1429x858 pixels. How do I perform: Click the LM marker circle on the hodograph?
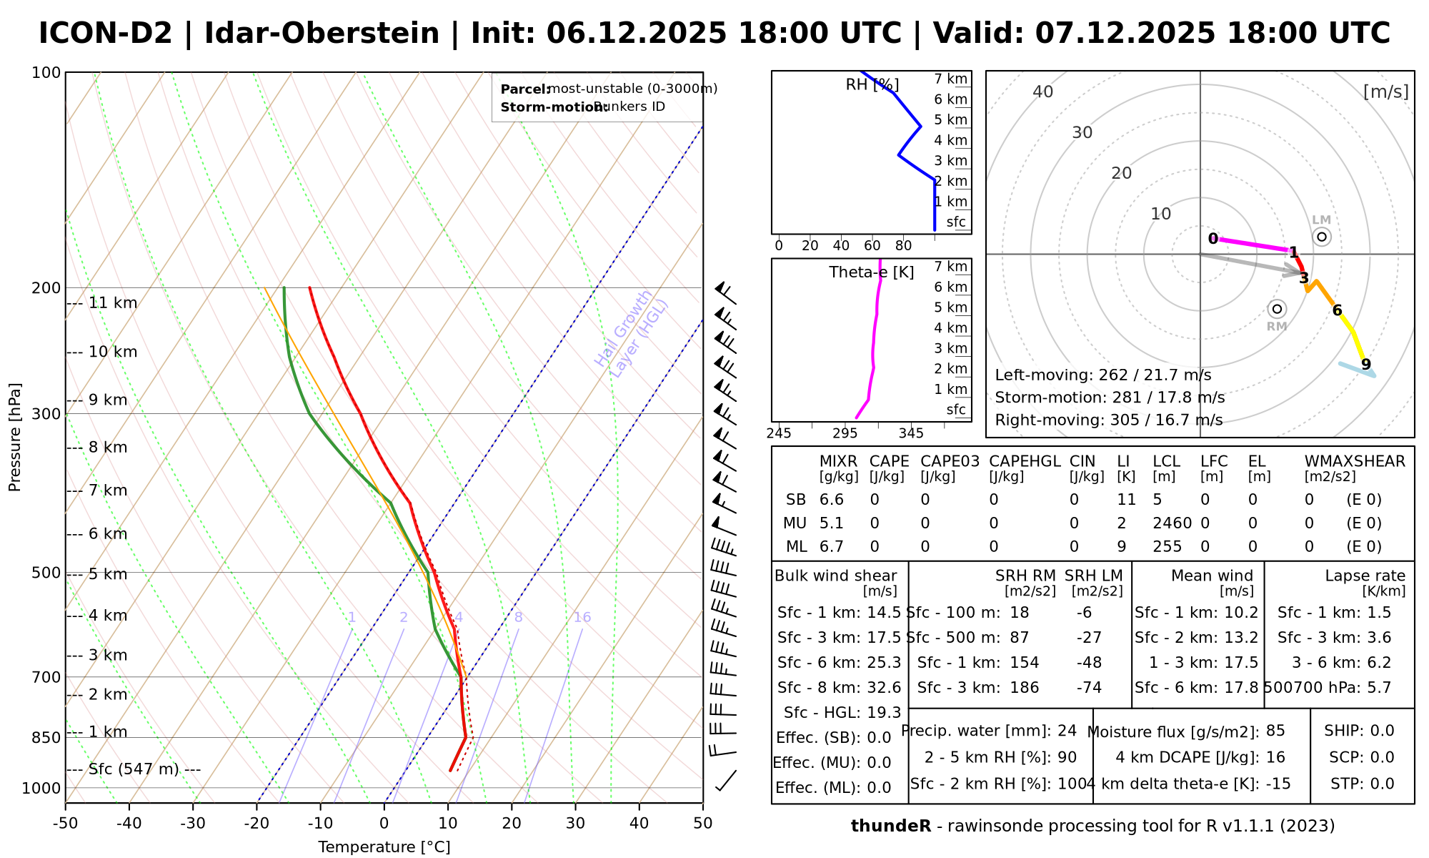(1322, 237)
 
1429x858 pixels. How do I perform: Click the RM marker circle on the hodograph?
(1277, 309)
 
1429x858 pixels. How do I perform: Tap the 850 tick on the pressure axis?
(47, 737)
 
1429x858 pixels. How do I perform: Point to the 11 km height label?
(112, 303)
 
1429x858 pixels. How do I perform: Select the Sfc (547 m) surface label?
(134, 769)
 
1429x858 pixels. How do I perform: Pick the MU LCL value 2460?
(1172, 523)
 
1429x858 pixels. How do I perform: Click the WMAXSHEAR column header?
(1355, 462)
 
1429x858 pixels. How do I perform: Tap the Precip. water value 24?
(1067, 731)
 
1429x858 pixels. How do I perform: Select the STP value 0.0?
(1382, 784)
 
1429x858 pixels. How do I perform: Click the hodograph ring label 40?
(1043, 92)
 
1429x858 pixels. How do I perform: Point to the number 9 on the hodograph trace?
(1366, 365)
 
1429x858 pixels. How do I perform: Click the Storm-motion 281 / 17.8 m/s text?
(1110, 398)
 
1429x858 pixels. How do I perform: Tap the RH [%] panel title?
(872, 85)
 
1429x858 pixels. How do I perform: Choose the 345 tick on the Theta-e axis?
(911, 433)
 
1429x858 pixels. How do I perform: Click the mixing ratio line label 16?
(582, 618)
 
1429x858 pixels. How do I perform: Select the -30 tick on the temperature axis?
(193, 824)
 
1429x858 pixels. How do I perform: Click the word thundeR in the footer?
(890, 827)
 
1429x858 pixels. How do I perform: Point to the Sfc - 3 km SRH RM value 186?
(1025, 688)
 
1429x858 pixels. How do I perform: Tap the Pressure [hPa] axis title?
(15, 438)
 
